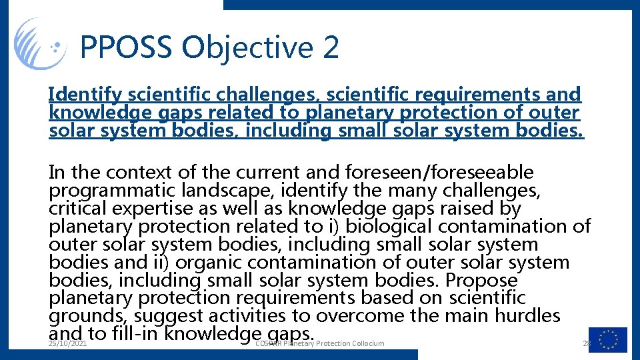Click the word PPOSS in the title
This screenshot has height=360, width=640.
[126, 48]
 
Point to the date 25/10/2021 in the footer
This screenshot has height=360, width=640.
[67, 343]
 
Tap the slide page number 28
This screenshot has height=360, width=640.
[587, 343]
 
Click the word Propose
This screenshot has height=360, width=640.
[481, 281]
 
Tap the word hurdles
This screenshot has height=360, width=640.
[527, 316]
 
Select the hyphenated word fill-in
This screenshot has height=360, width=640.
[137, 333]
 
